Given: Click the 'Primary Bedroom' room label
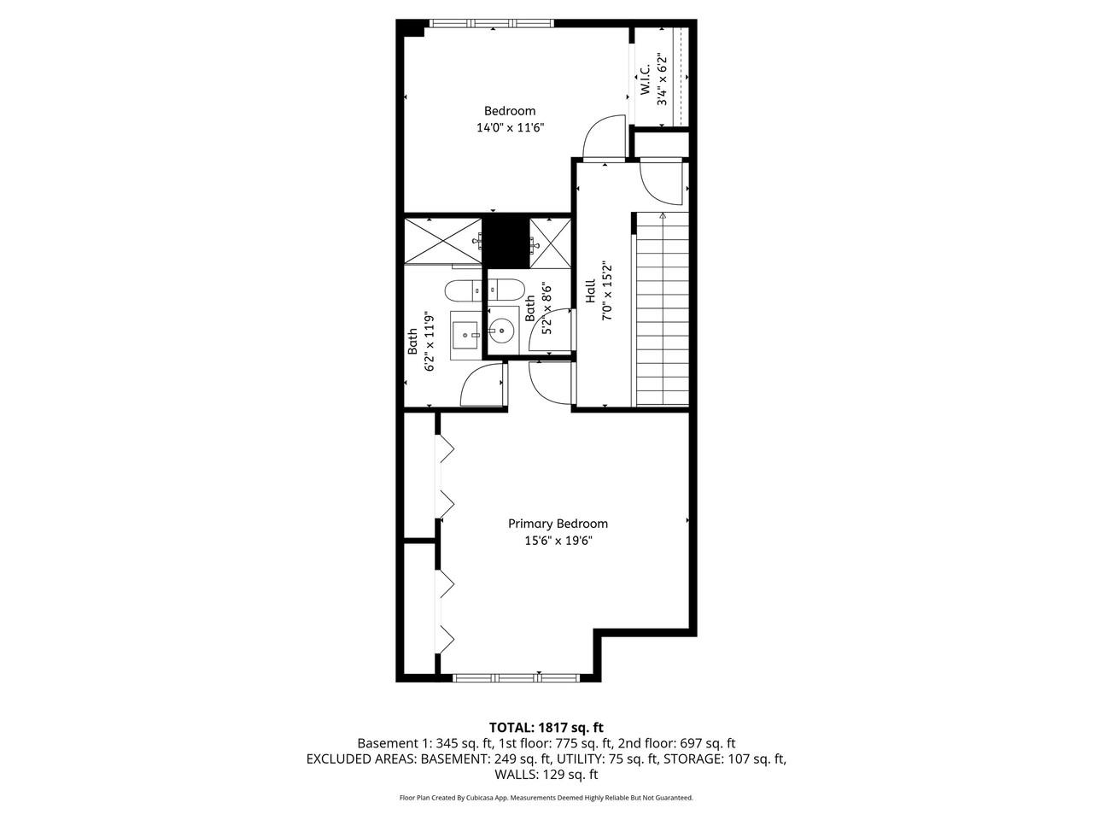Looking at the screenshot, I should [558, 524].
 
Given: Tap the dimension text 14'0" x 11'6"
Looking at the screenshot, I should [510, 128].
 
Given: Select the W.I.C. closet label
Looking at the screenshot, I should [645, 79].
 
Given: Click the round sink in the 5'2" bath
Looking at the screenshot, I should [500, 328].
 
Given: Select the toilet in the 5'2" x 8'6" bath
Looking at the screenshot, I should [503, 288].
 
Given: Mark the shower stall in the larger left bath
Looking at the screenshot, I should [442, 241].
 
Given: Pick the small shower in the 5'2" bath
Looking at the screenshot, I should [549, 241].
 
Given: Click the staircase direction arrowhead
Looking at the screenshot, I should [663, 217].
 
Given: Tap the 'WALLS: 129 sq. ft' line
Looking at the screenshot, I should [546, 775].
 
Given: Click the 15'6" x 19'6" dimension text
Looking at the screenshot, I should [558, 541].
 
